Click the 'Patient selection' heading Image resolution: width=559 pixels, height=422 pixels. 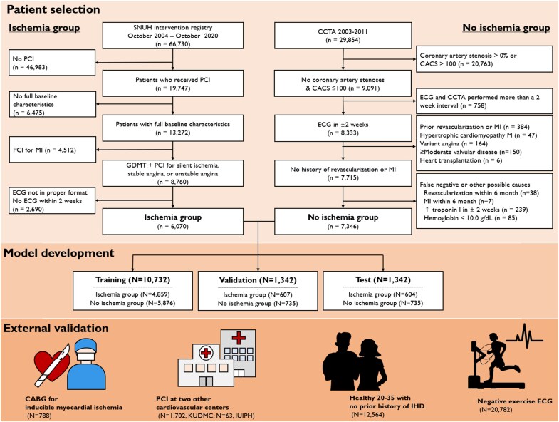tap(53, 9)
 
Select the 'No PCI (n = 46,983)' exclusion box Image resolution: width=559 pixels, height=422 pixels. tap(52, 63)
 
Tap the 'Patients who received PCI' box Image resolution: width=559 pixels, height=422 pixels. tap(173, 83)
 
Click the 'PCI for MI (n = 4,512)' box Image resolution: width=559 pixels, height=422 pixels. tap(53, 150)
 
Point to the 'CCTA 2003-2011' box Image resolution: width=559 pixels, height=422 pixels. tap(343, 36)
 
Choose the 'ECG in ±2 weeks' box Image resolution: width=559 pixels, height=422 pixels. tap(343, 128)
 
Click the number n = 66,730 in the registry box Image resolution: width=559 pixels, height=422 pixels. tap(173, 44)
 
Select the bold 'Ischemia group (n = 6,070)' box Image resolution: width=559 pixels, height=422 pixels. tap(173, 222)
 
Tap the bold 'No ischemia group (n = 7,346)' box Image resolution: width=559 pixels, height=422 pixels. tap(343, 222)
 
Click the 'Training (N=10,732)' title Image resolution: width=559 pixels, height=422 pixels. tap(132, 280)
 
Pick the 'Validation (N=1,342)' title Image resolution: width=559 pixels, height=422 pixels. tap(258, 280)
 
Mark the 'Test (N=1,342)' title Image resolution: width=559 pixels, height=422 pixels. tap(383, 280)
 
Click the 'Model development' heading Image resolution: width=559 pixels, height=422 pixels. tap(59, 253)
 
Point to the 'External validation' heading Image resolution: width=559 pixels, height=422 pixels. tap(56, 328)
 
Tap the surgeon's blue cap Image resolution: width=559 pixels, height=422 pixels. tap(86, 346)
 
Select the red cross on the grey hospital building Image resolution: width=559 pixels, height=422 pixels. tap(239, 338)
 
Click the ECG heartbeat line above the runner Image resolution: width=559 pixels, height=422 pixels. tap(525, 336)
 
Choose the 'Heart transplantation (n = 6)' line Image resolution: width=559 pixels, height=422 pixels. tap(461, 160)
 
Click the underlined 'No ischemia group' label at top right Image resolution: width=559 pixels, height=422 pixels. tap(506, 28)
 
